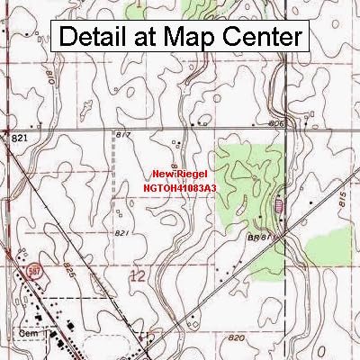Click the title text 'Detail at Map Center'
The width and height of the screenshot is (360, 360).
180,38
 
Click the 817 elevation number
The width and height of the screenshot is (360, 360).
124,134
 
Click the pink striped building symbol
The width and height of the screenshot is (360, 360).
280,206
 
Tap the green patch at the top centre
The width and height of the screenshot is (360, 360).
202,8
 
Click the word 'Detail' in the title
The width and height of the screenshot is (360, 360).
97,38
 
